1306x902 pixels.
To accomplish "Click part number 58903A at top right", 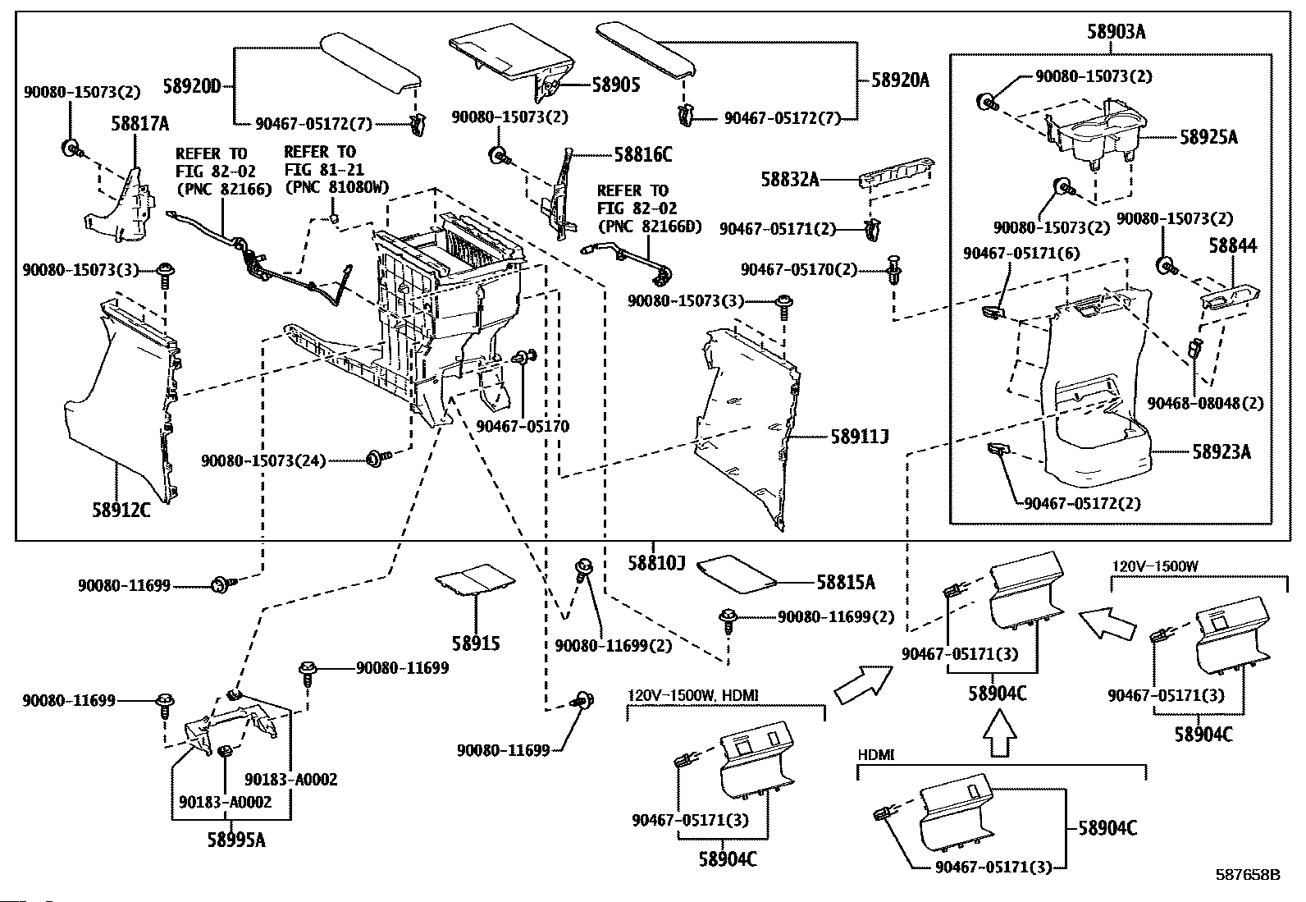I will [x=1116, y=32].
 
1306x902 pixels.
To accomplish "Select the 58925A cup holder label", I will [x=1208, y=138].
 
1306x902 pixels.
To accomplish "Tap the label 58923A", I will [x=1222, y=451].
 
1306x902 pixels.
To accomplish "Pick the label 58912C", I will [x=121, y=511].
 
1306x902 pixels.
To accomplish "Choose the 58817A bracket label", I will [x=140, y=124].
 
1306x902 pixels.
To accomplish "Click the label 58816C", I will [x=643, y=153].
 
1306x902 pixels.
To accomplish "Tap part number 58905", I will [x=616, y=85].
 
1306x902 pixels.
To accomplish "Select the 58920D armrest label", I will [x=192, y=85].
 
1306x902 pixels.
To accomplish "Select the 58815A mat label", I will [x=845, y=583].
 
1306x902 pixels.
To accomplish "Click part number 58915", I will [x=476, y=643].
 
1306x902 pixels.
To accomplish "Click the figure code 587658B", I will [x=1247, y=876].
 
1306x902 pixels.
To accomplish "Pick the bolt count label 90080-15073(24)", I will [x=263, y=461].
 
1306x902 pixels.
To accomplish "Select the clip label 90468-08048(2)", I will [x=1205, y=404].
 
